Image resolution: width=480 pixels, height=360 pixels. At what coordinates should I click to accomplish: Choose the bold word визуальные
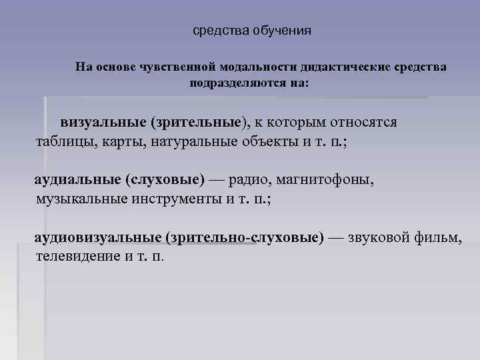tap(103, 123)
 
